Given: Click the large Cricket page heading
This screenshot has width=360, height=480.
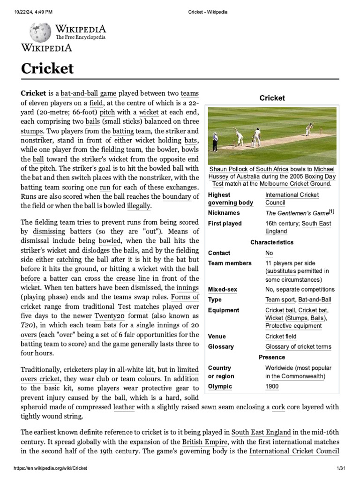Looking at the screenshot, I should coord(47,68).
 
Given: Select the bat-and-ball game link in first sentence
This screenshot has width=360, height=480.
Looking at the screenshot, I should coord(88,93).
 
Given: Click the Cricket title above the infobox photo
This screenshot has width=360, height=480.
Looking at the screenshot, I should coord(272,98).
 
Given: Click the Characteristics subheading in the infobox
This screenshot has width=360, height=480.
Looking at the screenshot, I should coord(272,242).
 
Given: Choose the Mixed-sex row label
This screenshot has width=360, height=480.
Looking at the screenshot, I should coord(222,289).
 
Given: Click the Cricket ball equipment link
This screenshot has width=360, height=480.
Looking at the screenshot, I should coord(280,310).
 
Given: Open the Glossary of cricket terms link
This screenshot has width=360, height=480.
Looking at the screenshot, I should coord(298,346).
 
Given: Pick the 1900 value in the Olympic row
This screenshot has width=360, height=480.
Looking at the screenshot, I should coord(271,386).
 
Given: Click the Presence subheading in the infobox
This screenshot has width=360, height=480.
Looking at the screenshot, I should coord(272,357).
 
